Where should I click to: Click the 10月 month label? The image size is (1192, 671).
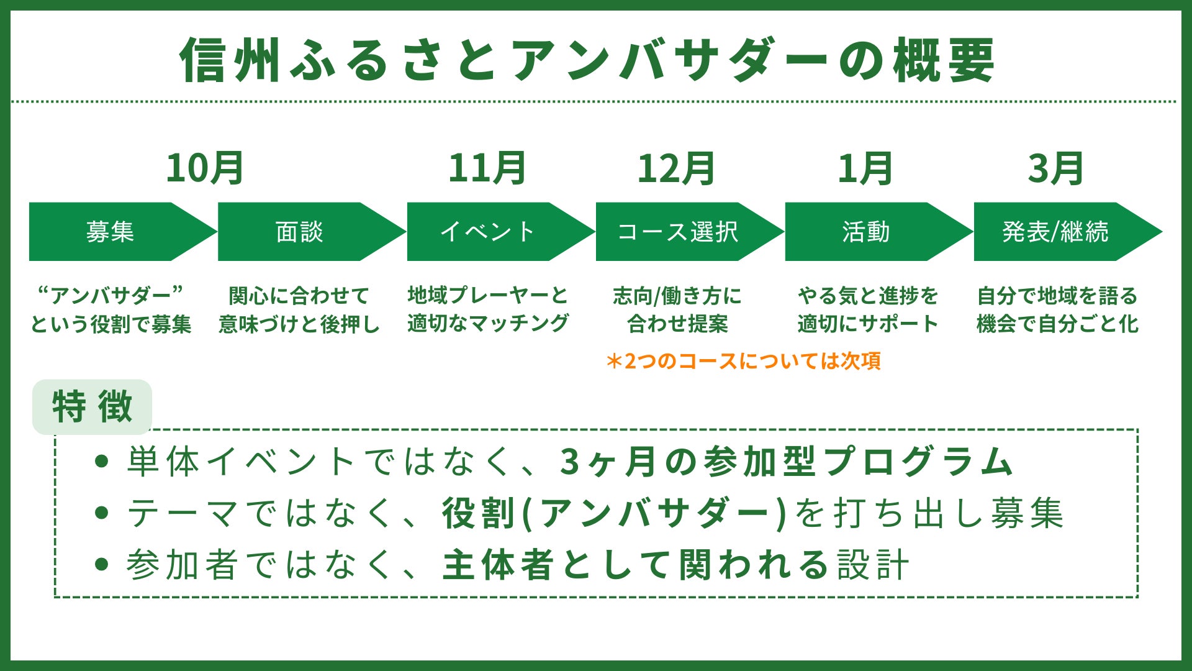tap(205, 169)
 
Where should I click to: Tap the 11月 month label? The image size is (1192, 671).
tap(487, 169)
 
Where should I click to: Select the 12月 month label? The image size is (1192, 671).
tap(677, 169)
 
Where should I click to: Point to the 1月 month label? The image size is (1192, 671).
tap(865, 169)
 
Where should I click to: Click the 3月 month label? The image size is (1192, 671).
tap(1055, 169)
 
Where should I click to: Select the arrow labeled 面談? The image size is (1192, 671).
tap(300, 232)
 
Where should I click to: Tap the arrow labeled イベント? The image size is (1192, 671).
tap(489, 232)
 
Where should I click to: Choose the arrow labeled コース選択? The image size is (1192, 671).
tap(678, 232)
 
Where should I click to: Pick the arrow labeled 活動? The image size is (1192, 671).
tap(867, 232)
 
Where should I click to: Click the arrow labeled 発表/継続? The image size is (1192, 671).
tap(1055, 232)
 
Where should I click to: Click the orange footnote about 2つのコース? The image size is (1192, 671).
tap(743, 361)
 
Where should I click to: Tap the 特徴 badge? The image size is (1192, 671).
tap(92, 407)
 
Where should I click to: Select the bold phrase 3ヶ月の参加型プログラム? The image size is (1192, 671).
tap(786, 462)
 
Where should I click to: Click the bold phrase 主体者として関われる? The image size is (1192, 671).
tap(636, 565)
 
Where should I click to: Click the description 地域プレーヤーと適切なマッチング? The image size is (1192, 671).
tap(488, 309)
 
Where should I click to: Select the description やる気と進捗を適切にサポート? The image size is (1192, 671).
tap(867, 309)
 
